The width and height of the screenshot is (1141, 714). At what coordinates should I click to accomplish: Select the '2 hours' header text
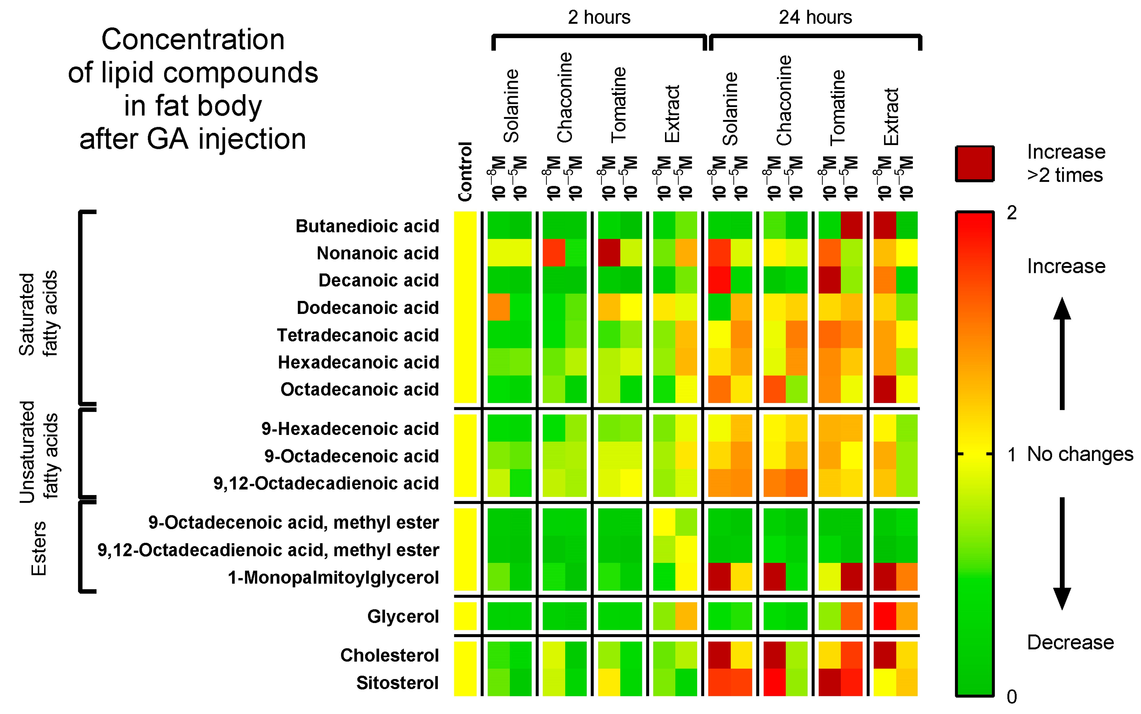point(598,18)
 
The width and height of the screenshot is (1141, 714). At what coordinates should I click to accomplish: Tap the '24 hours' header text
point(815,18)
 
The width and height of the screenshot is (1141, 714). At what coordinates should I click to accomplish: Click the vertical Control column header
point(465,171)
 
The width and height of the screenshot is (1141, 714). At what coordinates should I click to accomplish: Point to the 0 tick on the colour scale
point(1012,696)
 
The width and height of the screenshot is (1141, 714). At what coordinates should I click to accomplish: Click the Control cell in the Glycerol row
point(465,616)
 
